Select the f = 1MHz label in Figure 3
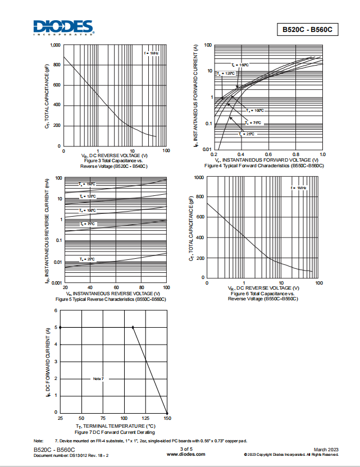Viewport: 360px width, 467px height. (151, 53)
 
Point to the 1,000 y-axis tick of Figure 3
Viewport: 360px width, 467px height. (55, 45)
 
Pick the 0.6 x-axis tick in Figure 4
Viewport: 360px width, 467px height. (268, 154)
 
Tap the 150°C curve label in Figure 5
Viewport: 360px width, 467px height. (87, 184)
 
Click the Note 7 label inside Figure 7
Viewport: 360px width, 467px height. (98, 379)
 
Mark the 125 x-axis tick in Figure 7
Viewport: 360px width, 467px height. (145, 419)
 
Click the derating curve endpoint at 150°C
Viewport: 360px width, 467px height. (167, 413)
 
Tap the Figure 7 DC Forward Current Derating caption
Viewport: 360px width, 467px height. (115, 433)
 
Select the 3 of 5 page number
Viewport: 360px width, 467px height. (186, 450)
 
